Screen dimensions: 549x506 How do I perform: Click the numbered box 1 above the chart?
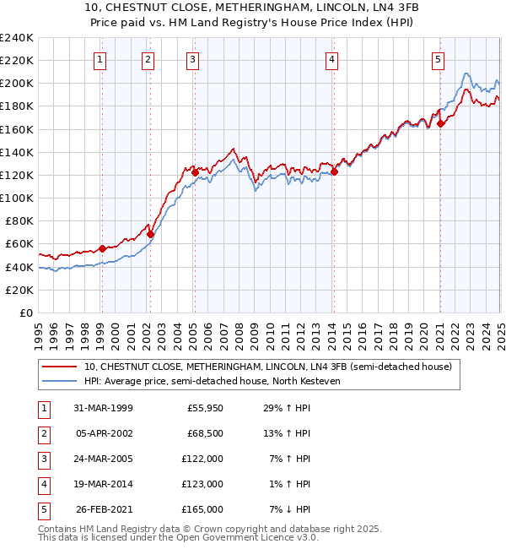pos(100,59)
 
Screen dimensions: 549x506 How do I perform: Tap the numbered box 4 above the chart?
pos(332,59)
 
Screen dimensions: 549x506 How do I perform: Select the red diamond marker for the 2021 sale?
pos(440,123)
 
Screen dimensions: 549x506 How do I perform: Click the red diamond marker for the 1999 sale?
pos(102,248)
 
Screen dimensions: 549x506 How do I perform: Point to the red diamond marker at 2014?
pos(334,171)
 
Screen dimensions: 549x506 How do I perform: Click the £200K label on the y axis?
pos(17,84)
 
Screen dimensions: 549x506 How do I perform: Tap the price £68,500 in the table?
pos(205,434)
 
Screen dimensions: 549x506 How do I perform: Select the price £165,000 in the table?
pos(203,509)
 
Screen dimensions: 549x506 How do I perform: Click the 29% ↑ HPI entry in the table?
pos(288,409)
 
